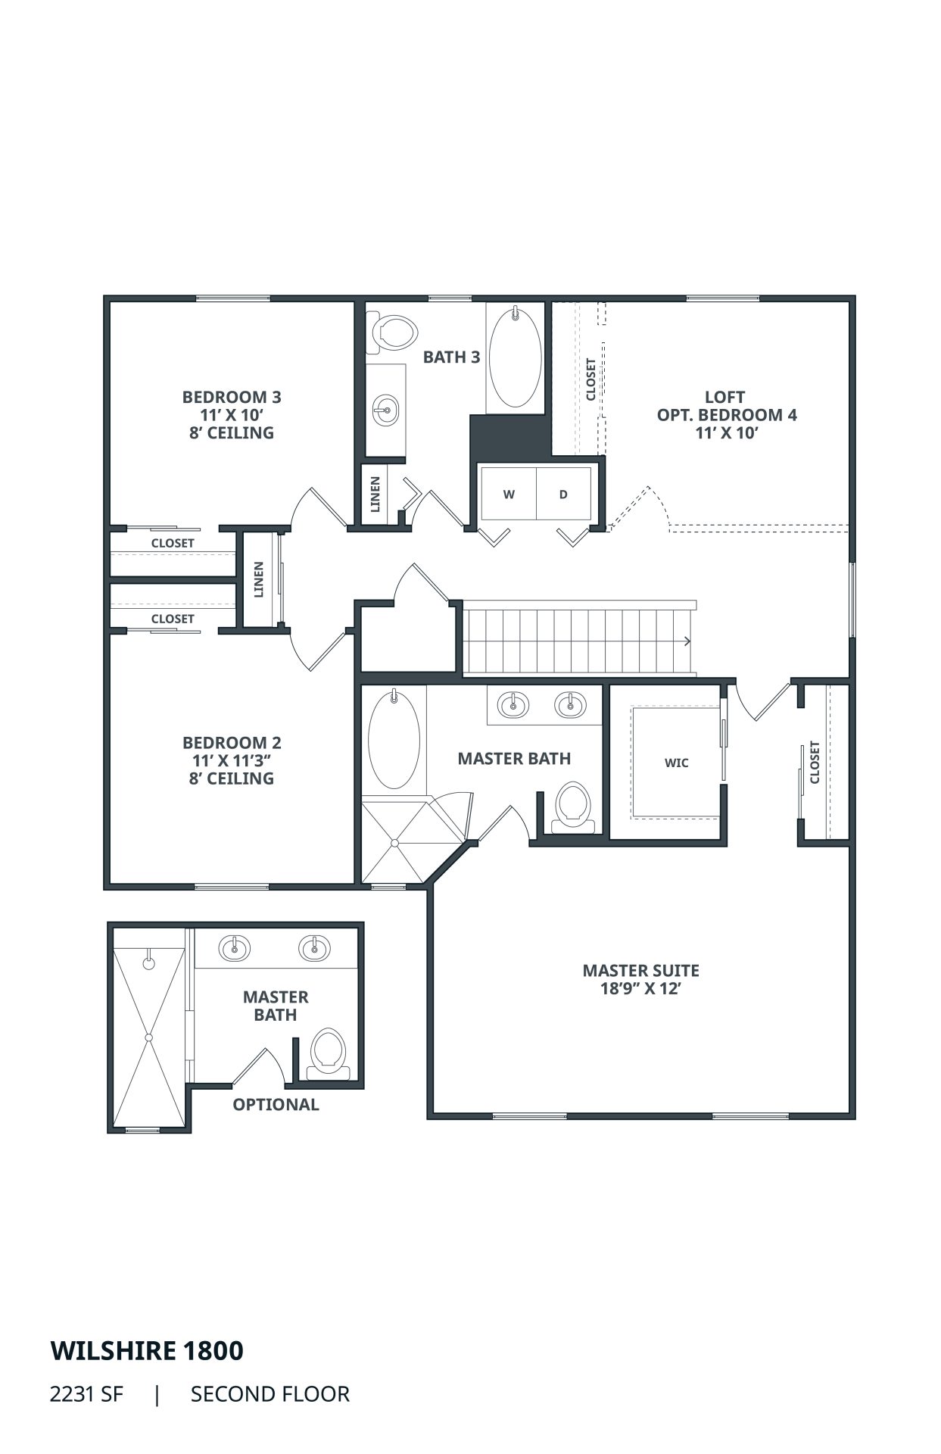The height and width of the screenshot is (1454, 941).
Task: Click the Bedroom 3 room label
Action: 232,414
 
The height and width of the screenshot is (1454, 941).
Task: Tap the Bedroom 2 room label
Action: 232,760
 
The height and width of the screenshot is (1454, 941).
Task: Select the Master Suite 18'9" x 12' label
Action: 640,979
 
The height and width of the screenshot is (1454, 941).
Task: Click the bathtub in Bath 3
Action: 515,357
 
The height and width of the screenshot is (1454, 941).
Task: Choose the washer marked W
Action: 509,495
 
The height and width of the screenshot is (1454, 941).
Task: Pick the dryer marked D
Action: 563,495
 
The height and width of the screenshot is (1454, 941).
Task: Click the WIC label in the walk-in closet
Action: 677,763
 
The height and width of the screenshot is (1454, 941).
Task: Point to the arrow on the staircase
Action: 687,641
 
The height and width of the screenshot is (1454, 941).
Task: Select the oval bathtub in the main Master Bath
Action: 394,739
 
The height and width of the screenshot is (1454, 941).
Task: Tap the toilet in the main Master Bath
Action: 573,806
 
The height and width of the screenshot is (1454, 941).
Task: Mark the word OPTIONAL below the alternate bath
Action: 276,1104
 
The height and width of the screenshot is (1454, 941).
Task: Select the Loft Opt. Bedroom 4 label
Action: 727,414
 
